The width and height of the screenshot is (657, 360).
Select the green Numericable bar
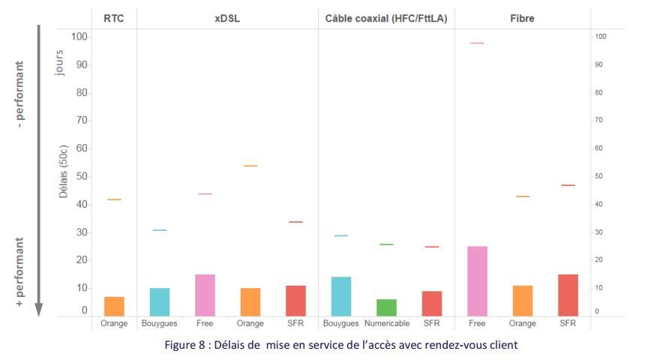coord(386,307)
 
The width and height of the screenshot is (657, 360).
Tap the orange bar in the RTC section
coord(114,306)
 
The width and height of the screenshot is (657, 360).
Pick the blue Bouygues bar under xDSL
coord(159,301)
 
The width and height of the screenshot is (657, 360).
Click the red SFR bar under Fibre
coord(568,295)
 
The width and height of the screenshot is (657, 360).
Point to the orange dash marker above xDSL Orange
coord(250,166)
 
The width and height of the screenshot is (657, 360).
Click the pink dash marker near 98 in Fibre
coord(477,43)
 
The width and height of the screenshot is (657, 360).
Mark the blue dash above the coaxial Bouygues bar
coord(340,235)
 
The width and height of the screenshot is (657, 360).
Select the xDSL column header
coord(226,19)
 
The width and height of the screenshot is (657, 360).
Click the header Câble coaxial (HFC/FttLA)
coord(386,19)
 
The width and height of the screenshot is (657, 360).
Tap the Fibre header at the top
coord(522,19)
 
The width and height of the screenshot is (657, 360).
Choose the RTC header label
coord(114,19)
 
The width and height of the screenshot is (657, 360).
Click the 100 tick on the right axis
coord(600,37)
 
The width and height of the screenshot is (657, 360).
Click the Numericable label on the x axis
coord(386,324)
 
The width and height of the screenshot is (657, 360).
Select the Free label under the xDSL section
coord(205,324)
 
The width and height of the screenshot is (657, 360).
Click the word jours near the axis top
coord(60,63)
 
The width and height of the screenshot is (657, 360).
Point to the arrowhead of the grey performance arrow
coord(39,310)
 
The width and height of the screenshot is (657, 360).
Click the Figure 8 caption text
coord(329,345)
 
